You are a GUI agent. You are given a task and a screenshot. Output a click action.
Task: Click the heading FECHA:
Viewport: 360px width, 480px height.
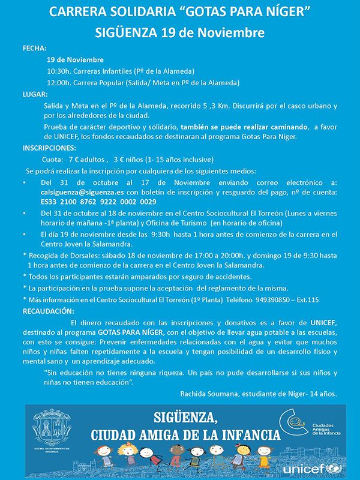(x=35, y=47)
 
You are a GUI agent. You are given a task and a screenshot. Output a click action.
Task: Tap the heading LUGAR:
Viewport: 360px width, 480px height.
(x=35, y=94)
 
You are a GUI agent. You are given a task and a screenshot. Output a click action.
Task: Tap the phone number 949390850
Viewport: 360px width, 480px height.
(x=272, y=300)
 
